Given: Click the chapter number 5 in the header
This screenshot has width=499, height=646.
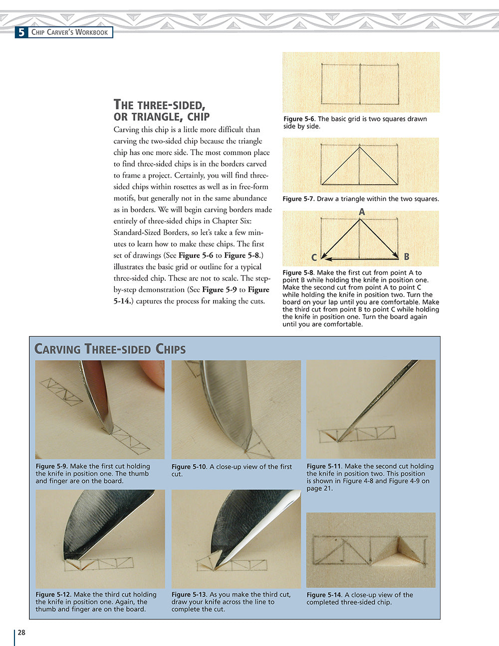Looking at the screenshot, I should (21, 32).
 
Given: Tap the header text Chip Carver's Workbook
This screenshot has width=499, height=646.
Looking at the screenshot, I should (69, 32).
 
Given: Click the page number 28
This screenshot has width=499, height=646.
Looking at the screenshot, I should (21, 633).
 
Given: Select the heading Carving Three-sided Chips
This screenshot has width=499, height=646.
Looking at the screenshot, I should (110, 348).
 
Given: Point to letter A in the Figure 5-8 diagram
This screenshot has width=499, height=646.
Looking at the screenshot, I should (362, 212).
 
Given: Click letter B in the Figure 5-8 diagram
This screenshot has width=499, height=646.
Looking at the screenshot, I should (407, 257).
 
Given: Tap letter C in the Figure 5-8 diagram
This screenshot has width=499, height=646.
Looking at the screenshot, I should (314, 258).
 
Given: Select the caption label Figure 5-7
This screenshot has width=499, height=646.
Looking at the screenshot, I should (298, 199).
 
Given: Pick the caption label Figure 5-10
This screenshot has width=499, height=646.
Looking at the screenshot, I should (189, 467).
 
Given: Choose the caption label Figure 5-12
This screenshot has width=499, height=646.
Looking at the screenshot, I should (53, 595).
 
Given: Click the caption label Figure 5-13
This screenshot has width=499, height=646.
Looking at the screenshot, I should (189, 595).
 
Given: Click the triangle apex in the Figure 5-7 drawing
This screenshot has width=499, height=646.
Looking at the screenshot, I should (360, 147).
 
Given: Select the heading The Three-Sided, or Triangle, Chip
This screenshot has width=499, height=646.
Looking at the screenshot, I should (161, 110).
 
